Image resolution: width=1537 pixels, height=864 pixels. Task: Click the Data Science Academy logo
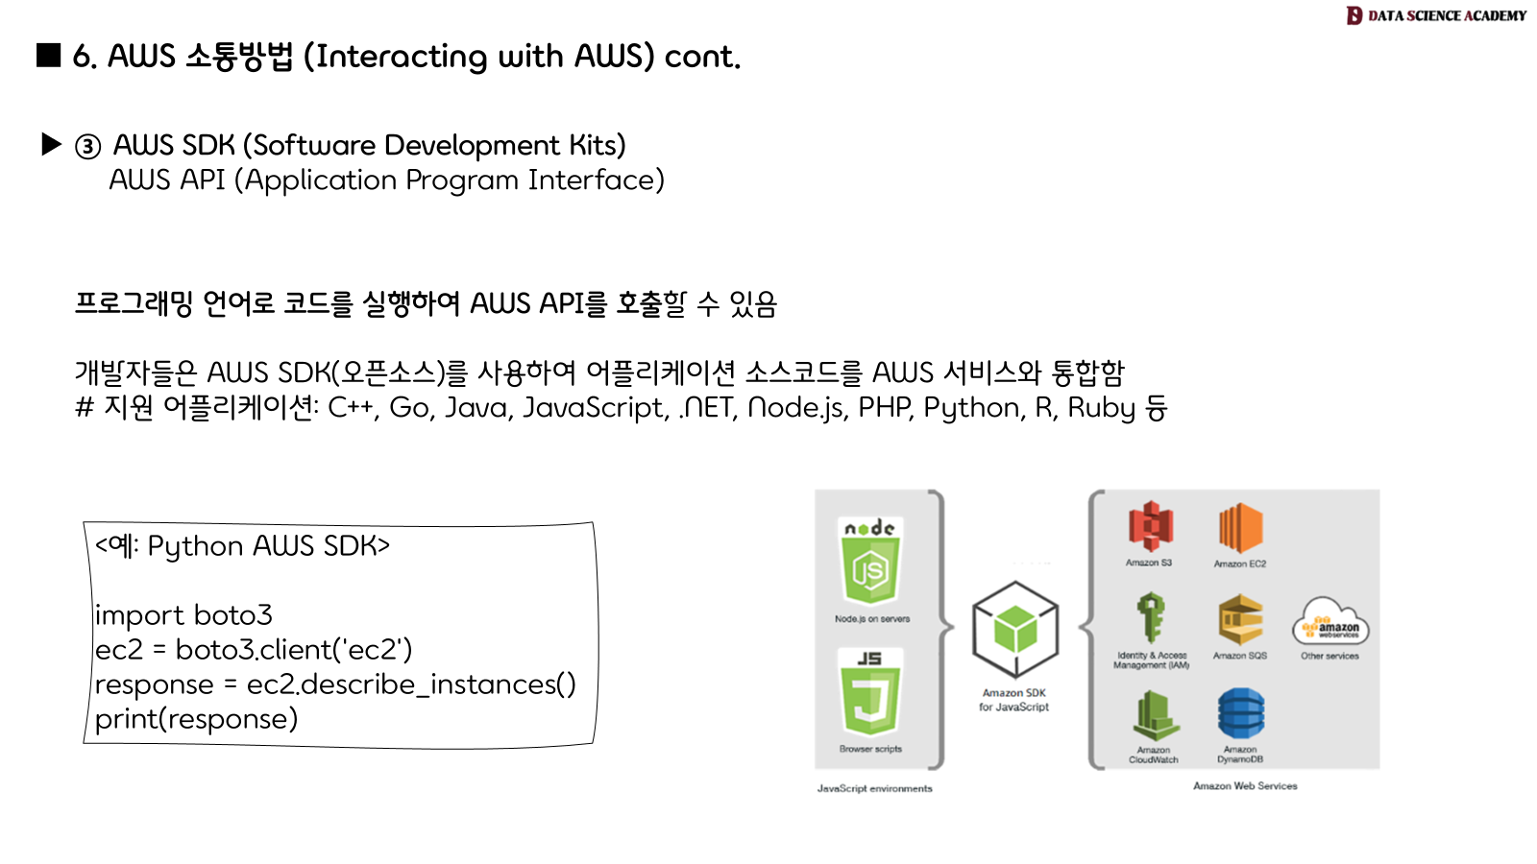1435,15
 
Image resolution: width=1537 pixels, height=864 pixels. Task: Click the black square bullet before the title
48,56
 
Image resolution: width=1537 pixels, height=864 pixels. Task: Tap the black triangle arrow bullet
52,145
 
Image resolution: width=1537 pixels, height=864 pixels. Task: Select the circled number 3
87,146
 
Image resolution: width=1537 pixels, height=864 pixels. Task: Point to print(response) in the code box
196,718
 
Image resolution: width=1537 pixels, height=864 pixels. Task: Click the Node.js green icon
870,562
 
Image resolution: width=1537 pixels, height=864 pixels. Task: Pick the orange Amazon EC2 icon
1240,527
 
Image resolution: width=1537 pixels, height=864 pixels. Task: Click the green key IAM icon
1151,616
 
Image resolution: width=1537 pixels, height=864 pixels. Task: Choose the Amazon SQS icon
1240,619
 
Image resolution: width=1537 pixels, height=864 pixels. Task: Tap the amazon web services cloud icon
1330,623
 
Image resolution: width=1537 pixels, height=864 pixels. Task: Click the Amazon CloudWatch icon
1153,716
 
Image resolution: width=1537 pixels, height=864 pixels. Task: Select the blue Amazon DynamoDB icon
1241,713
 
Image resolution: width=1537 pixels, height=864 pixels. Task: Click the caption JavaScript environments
874,788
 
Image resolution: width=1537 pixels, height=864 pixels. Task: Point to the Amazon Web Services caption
1245,785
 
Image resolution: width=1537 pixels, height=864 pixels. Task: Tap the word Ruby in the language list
1101,408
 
